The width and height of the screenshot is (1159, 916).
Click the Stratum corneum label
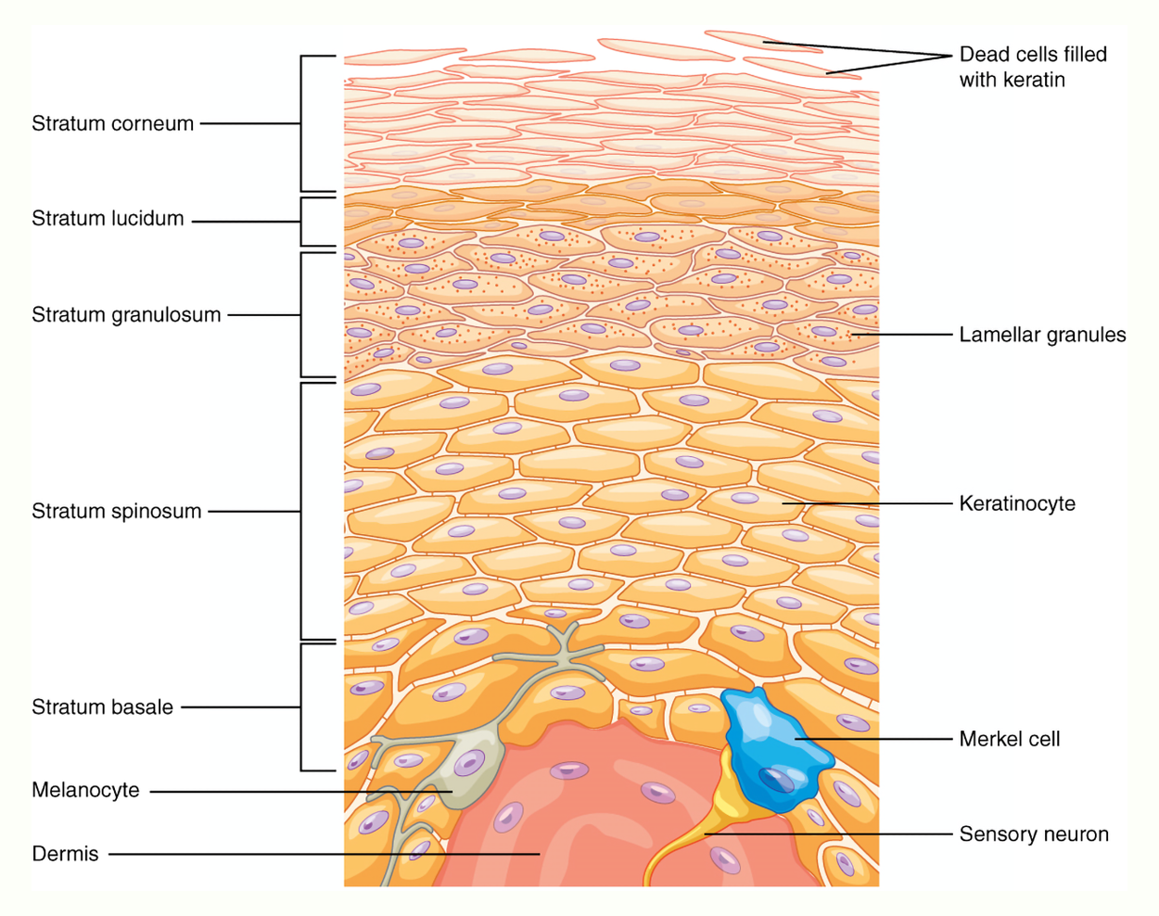pyautogui.click(x=112, y=123)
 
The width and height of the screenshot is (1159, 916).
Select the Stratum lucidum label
pyautogui.click(x=108, y=219)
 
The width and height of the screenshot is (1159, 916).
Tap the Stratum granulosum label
pyautogui.click(x=126, y=315)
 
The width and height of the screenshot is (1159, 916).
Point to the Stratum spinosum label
pyautogui.click(x=116, y=511)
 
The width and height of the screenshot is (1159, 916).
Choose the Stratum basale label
pyautogui.click(x=102, y=707)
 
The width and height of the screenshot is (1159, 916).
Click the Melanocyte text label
pyautogui.click(x=85, y=791)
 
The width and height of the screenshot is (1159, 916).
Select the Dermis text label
pyautogui.click(x=65, y=854)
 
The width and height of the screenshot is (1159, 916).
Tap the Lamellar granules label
pyautogui.click(x=1042, y=335)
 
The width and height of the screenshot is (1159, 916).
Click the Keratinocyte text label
pyautogui.click(x=1017, y=503)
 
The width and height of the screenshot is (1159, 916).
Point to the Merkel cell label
pyautogui.click(x=1009, y=739)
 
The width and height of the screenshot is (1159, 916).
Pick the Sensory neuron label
pyautogui.click(x=1034, y=834)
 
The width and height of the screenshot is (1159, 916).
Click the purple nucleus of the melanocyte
pyautogui.click(x=469, y=764)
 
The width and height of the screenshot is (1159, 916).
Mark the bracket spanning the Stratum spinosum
pyautogui.click(x=302, y=511)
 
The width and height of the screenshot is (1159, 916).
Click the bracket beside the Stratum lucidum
pyautogui.click(x=302, y=222)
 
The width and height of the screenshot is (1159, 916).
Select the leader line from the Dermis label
pyautogui.click(x=325, y=854)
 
